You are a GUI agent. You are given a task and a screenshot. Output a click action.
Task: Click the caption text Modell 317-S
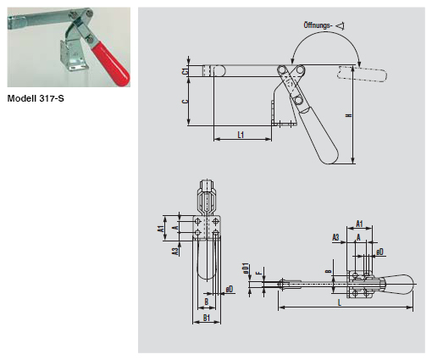coord(36,97)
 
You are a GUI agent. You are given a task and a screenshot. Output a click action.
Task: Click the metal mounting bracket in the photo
coord(75,58)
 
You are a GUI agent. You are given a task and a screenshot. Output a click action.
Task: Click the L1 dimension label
coord(241,135)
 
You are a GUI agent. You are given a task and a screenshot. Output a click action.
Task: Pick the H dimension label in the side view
coord(349,114)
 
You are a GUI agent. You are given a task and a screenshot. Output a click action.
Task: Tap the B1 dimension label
coord(208,317)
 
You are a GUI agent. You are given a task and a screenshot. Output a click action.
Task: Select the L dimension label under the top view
coord(339,301)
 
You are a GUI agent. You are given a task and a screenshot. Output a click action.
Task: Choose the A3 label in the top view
coord(335,238)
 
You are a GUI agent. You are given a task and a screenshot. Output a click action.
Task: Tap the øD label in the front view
coord(230,289)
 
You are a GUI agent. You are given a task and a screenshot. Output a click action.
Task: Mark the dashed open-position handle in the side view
coord(355,74)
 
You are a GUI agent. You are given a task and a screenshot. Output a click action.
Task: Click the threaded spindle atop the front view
coord(208,197)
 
